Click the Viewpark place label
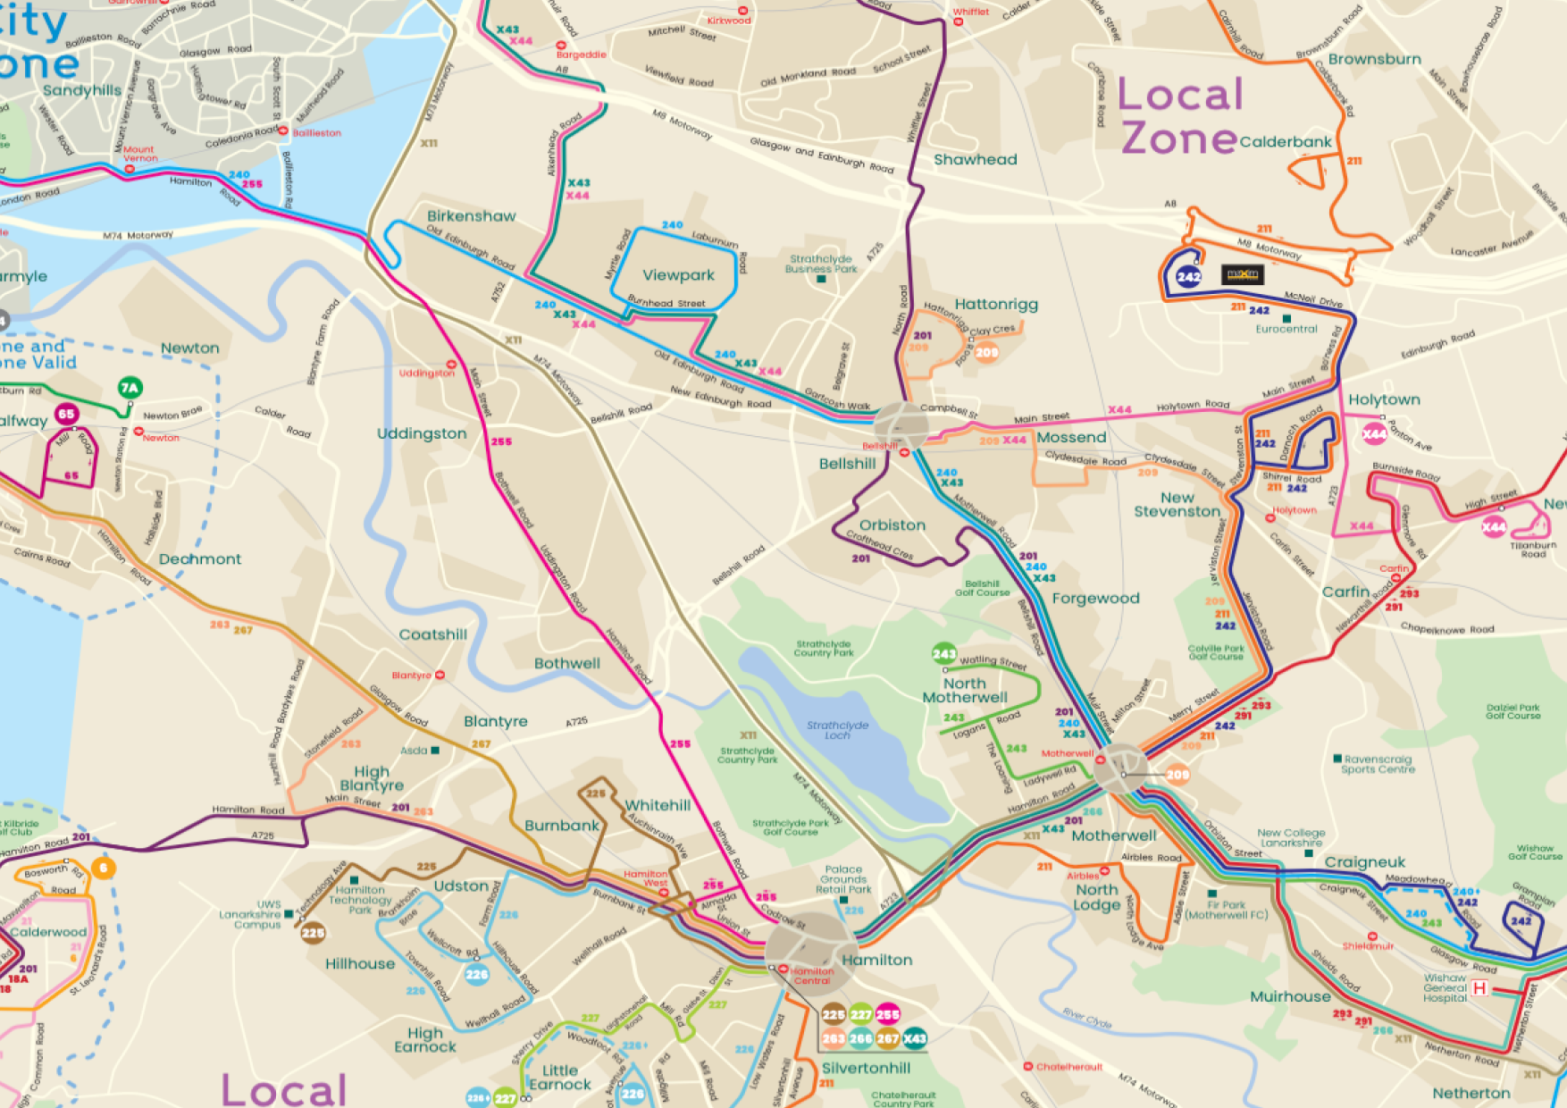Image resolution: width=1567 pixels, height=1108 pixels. pyautogui.click(x=678, y=275)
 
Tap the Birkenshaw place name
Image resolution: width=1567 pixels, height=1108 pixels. pyautogui.click(x=471, y=216)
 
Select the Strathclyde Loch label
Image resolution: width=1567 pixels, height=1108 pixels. pyautogui.click(x=837, y=730)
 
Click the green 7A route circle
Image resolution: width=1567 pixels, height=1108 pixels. pyautogui.click(x=130, y=387)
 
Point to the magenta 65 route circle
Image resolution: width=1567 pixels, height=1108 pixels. pyautogui.click(x=66, y=414)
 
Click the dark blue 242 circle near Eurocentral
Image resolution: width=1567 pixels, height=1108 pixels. pyautogui.click(x=1188, y=276)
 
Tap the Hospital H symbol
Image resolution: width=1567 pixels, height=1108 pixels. pyautogui.click(x=1479, y=987)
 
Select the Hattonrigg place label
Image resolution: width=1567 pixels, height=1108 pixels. pyautogui.click(x=996, y=304)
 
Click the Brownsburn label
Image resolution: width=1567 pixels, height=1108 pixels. pyautogui.click(x=1374, y=59)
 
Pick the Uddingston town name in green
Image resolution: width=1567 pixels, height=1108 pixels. pyautogui.click(x=422, y=433)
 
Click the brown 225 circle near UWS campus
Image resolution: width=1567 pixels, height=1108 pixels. pyautogui.click(x=313, y=933)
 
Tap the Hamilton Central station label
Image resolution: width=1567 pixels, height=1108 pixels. pyautogui.click(x=811, y=976)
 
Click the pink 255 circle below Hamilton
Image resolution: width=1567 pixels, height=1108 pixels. pyautogui.click(x=887, y=1014)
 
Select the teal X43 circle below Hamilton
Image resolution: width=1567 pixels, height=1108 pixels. pyautogui.click(x=914, y=1038)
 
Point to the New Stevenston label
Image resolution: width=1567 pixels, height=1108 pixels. pyautogui.click(x=1177, y=504)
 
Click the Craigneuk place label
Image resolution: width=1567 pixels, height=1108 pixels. pyautogui.click(x=1364, y=862)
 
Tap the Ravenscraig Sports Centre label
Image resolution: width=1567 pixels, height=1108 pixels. pyautogui.click(x=1378, y=764)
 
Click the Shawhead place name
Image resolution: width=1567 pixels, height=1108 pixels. pyautogui.click(x=975, y=159)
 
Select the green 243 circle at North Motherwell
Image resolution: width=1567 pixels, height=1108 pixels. pyautogui.click(x=943, y=653)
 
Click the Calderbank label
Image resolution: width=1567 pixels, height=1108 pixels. pyautogui.click(x=1285, y=141)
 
